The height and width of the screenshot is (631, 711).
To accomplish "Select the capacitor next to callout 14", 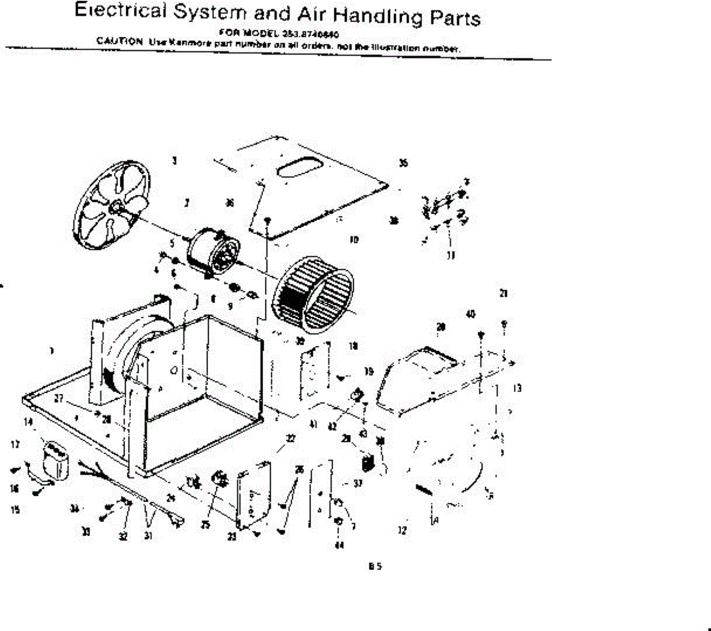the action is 56,459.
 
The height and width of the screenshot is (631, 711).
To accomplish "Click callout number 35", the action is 403,163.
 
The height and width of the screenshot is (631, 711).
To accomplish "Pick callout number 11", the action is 451,256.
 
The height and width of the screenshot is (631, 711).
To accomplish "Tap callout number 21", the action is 504,293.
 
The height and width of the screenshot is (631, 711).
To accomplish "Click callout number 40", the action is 471,314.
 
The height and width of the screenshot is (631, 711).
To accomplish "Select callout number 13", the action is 517,388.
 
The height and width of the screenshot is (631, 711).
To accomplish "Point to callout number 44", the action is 339,545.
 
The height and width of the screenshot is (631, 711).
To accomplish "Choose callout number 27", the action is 59,399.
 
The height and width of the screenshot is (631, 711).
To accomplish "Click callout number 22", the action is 290,438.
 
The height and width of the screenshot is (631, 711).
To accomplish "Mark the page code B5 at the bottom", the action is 374,566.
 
